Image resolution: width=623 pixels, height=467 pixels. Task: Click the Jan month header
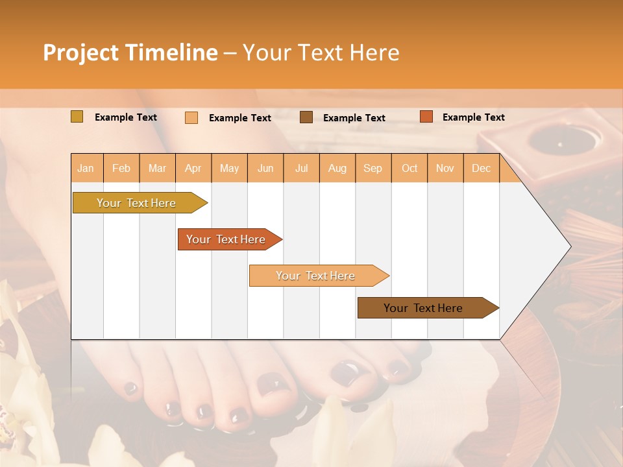pos(86,169)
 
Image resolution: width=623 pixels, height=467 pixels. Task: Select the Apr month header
pos(193,169)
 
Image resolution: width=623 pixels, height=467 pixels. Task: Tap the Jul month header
pos(302,169)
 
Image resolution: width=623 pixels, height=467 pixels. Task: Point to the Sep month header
pos(373,169)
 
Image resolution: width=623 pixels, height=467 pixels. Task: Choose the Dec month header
pos(481,169)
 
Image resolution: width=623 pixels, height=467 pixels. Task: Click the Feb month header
pos(121,169)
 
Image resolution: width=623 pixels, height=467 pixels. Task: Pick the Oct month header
pos(409,169)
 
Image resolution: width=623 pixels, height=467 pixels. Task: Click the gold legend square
pos(77,117)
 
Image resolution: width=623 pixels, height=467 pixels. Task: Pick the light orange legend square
pos(191,117)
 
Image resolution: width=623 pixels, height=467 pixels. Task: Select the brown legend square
pos(306,117)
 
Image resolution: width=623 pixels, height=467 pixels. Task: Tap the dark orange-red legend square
pos(426,117)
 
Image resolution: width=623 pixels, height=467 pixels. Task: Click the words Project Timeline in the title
pos(130,53)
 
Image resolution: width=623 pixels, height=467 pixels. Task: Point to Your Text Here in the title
pos(321,53)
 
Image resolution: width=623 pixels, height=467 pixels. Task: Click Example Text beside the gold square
pos(126,117)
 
